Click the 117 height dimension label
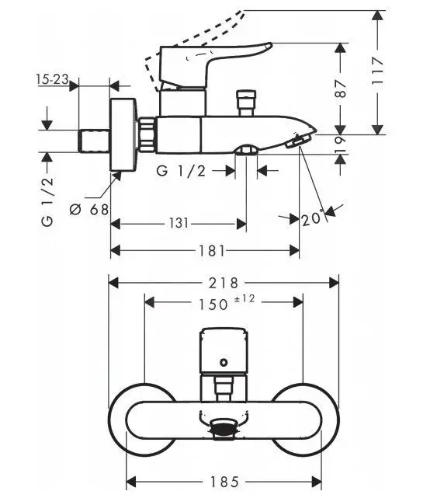[x=378, y=71]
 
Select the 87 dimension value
[x=341, y=89]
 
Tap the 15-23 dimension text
[x=53, y=79]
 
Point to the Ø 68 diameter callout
[x=89, y=209]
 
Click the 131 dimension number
[x=179, y=223]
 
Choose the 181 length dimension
[x=212, y=251]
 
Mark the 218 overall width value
[x=224, y=283]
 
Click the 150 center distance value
[x=213, y=305]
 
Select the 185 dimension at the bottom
[x=224, y=482]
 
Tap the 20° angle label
[x=313, y=218]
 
